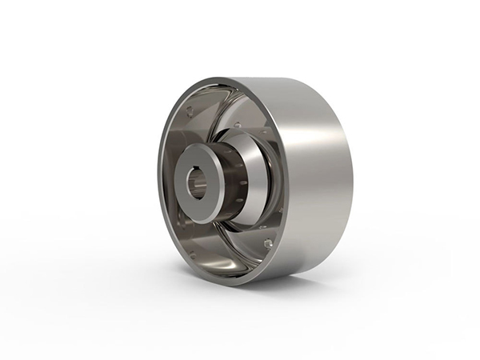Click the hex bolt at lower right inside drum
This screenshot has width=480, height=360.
(267, 242)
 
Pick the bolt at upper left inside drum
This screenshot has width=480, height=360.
(190, 111)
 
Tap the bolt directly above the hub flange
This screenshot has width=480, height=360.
(237, 125)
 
